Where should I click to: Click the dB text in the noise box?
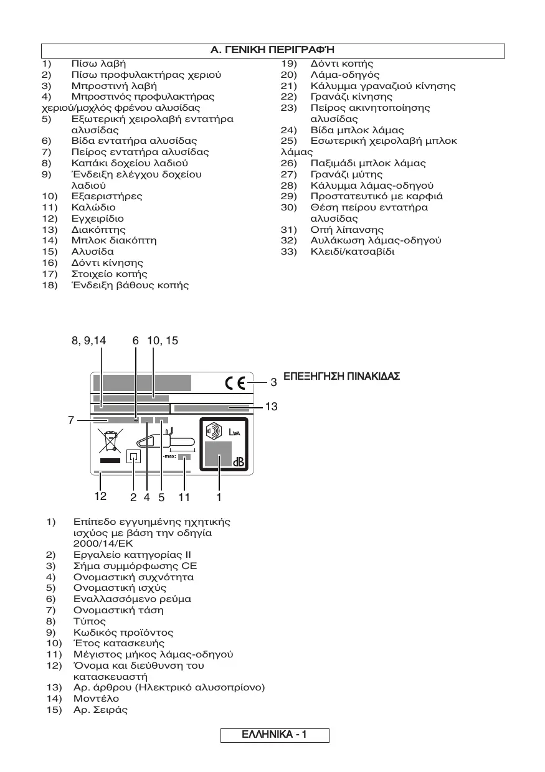point(239,461)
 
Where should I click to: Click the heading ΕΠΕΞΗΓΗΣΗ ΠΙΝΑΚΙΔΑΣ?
point(342,377)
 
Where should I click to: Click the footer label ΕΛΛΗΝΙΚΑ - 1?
point(274,735)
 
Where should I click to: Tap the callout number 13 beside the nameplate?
point(271,407)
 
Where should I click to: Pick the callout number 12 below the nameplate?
point(100,497)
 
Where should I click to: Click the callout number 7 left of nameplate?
point(72,420)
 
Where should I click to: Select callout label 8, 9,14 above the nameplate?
point(89,341)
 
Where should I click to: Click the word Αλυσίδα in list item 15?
point(93,252)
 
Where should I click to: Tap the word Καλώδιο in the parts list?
point(93,207)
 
